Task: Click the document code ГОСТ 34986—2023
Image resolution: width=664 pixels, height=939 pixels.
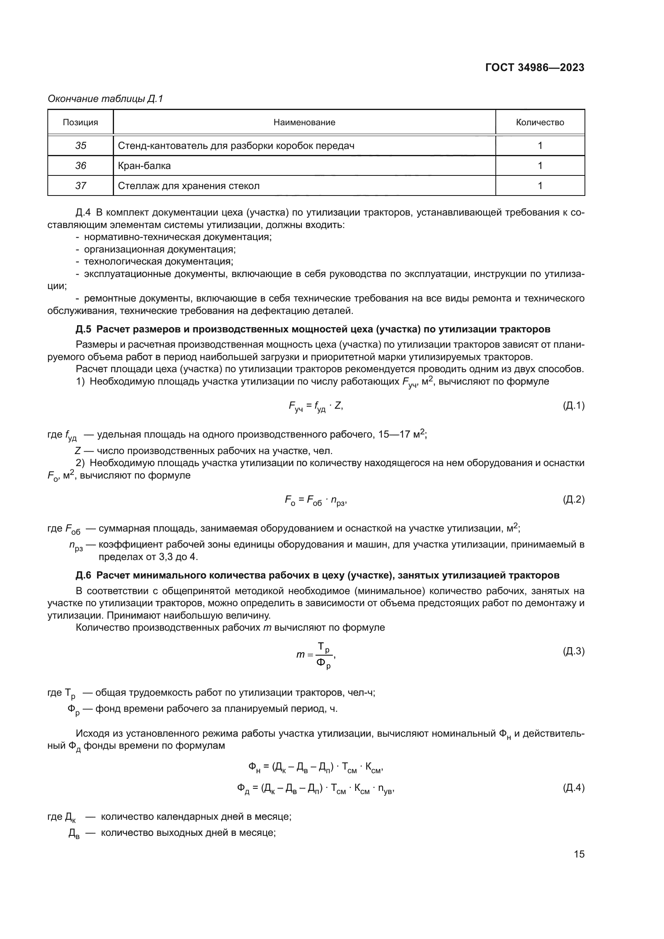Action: [534, 67]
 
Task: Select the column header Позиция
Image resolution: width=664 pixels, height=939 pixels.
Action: [80, 122]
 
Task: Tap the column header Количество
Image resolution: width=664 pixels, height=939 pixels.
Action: [540, 122]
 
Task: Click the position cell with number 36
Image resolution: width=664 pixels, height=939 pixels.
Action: [81, 166]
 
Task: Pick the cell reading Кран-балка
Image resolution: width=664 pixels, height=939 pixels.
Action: [145, 166]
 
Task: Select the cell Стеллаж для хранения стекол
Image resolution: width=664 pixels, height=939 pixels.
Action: [189, 186]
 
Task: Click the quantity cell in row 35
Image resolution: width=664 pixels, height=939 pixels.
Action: [540, 146]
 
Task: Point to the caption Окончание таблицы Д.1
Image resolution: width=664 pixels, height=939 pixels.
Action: [105, 99]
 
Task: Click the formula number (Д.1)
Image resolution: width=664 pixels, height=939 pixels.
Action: [574, 405]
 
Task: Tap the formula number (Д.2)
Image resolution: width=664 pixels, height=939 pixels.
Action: [574, 499]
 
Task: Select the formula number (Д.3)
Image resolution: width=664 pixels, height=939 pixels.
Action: [574, 651]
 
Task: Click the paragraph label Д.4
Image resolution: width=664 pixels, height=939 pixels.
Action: [83, 212]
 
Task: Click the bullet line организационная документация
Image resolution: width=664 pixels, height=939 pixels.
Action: [159, 249]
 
